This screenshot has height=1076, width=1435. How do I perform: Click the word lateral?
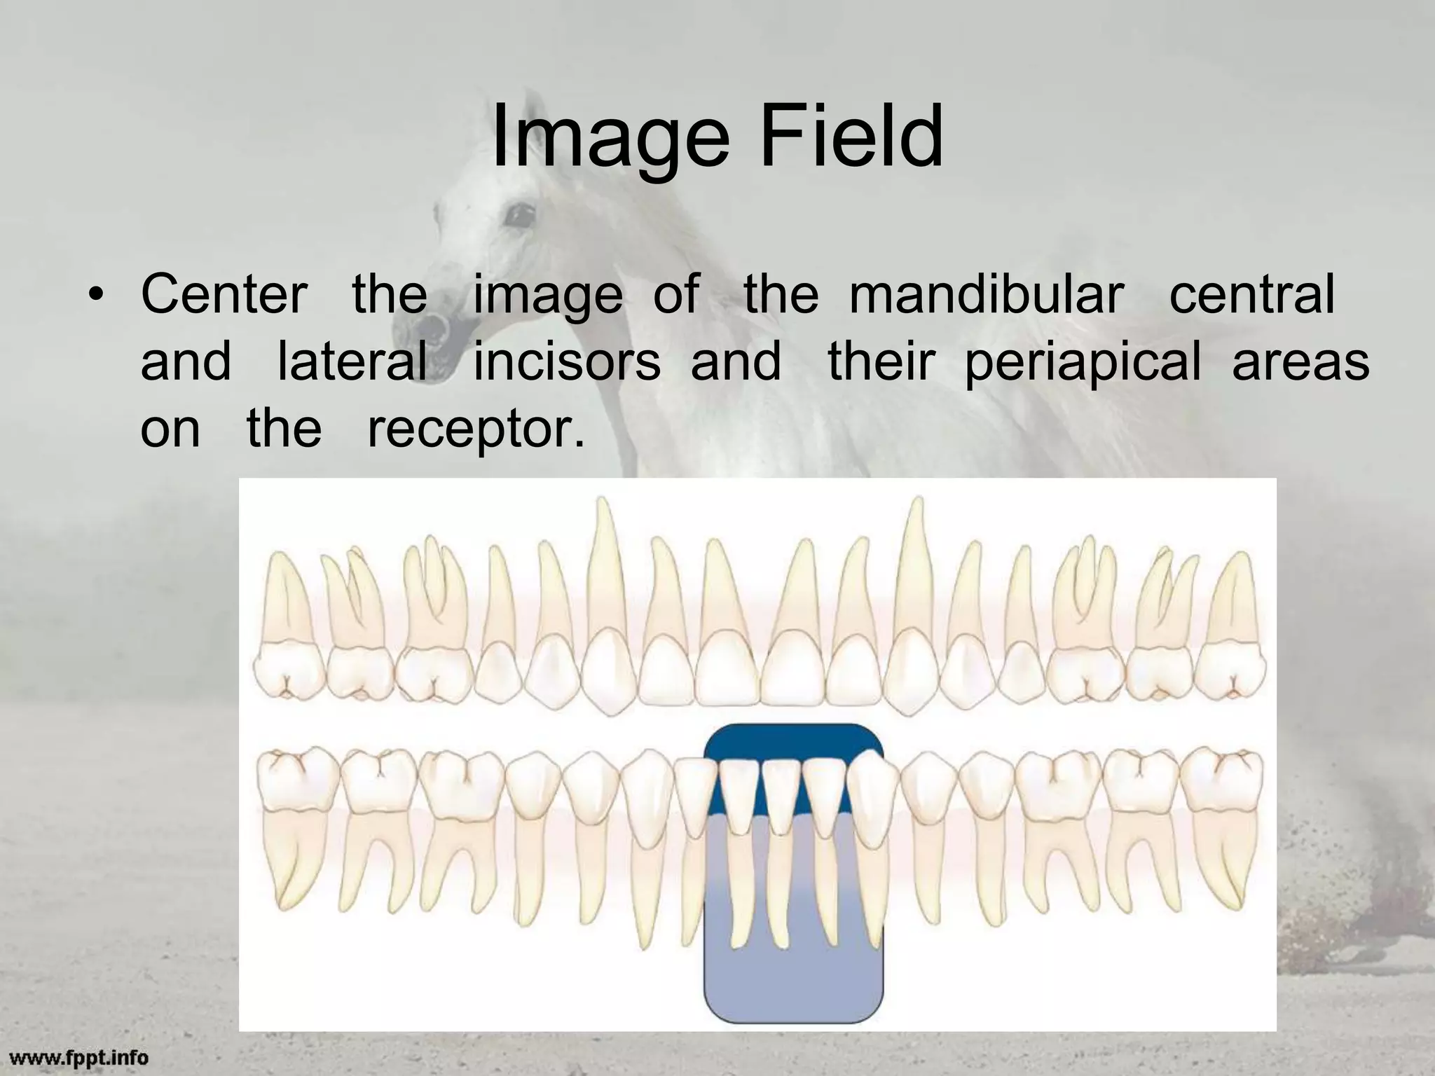pyautogui.click(x=352, y=361)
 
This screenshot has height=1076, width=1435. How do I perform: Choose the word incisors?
pyautogui.click(x=567, y=361)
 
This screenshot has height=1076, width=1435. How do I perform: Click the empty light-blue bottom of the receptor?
pyautogui.click(x=793, y=981)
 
